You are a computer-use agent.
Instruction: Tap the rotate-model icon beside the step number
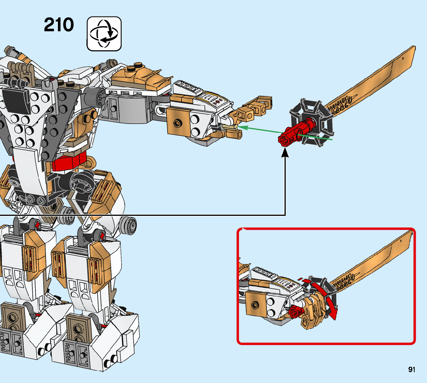pos(104,34)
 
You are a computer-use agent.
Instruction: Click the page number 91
pos(412,369)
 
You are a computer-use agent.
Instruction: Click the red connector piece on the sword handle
pos(293,133)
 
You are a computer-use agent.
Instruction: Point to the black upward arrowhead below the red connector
pos(285,153)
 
